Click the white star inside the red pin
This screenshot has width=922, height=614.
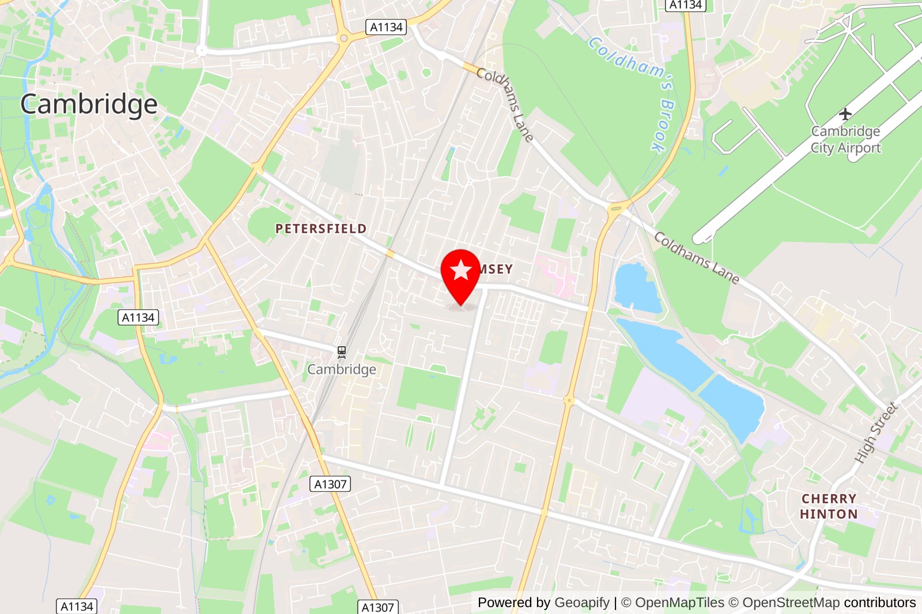coord(460,270)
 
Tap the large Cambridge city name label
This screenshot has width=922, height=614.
coord(89,105)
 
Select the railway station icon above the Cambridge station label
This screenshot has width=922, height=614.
coord(342,351)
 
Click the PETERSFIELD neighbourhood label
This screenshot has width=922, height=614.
coord(321,229)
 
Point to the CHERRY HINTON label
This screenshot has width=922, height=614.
coord(829,506)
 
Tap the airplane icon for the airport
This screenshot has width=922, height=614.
coord(845,113)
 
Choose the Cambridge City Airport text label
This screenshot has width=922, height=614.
coord(845,139)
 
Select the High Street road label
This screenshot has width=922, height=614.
coord(876,433)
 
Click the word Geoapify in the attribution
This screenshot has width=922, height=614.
coord(581,602)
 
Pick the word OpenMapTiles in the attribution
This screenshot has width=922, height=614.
coord(679,602)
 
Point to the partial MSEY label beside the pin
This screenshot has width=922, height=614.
coord(496,269)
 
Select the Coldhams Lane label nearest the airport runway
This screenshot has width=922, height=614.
coord(696,257)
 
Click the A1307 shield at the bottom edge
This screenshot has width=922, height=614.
coord(377,607)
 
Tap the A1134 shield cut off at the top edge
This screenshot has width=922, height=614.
coord(686,5)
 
